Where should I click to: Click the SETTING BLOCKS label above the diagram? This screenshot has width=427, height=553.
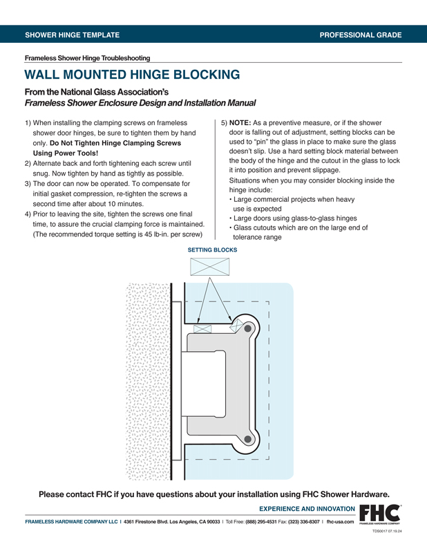point(212,250)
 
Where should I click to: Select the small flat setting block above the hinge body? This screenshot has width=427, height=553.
point(202,329)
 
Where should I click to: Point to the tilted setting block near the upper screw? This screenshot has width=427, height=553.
point(236,324)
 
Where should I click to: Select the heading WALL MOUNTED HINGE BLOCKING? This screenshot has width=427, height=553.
point(132,75)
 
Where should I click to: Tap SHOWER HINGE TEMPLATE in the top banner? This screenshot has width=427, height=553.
point(72,34)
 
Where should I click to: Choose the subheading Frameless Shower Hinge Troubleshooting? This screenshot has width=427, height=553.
point(87,58)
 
